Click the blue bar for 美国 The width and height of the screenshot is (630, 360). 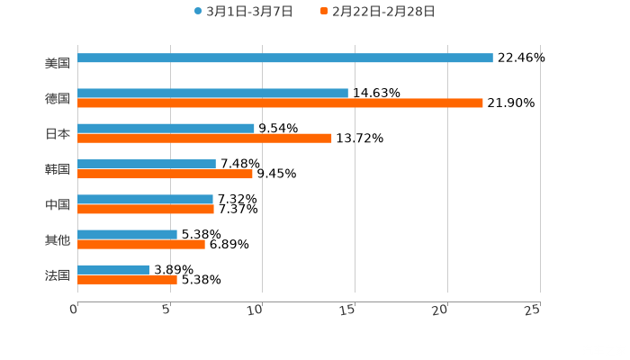(284, 58)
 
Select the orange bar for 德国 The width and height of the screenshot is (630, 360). (280, 103)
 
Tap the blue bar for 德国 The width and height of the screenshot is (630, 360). (212, 93)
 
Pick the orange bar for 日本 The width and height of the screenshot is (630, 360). (204, 138)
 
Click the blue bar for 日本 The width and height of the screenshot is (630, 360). (166, 128)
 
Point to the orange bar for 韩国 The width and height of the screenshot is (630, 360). (165, 174)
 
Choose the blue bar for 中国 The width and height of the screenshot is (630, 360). (145, 199)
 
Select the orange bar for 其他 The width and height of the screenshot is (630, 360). (141, 244)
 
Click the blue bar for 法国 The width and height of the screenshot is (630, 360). (113, 269)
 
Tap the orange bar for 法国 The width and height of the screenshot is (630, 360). (127, 279)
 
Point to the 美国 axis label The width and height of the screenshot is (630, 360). (58, 63)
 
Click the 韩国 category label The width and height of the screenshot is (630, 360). (58, 169)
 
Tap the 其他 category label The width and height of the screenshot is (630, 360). (58, 239)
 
